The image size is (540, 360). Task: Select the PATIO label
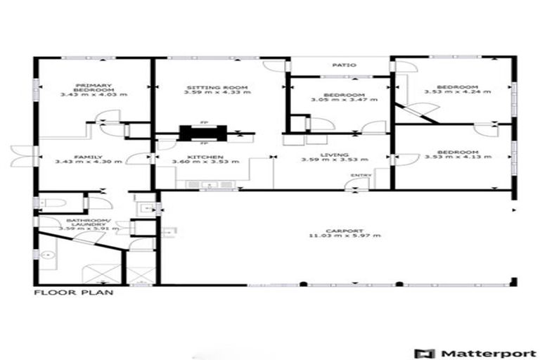point(342,65)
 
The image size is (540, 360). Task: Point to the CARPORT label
point(345,230)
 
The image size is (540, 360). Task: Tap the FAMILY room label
point(89,157)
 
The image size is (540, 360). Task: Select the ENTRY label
point(361,176)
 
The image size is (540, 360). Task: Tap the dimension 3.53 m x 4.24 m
point(457,91)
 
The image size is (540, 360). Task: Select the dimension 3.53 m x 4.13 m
point(457,157)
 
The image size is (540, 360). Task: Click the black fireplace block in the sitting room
point(202,133)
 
